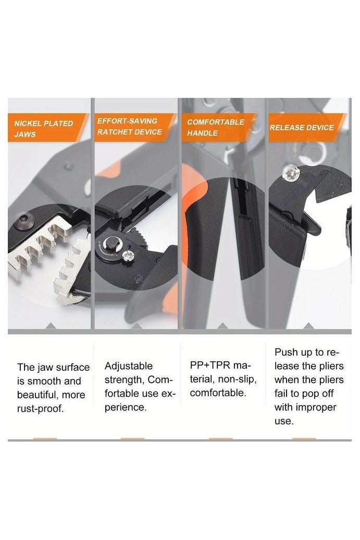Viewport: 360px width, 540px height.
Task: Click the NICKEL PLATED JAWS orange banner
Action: click(44, 129)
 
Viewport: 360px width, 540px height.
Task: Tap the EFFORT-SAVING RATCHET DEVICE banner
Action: click(130, 127)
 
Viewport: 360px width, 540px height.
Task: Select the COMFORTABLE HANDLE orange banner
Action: click(216, 128)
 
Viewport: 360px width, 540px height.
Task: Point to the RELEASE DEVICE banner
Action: click(304, 128)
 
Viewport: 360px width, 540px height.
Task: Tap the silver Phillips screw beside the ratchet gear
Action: click(129, 255)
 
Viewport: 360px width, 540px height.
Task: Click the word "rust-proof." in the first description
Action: click(41, 409)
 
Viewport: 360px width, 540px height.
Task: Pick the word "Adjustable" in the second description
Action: click(129, 366)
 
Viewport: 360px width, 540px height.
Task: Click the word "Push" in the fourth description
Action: click(286, 353)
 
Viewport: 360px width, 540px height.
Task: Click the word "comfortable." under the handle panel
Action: click(218, 392)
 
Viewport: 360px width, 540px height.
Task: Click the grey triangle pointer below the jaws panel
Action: click(51, 326)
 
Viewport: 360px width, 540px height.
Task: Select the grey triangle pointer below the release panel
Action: click(309, 326)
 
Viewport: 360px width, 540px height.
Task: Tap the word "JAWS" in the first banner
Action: click(24, 134)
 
